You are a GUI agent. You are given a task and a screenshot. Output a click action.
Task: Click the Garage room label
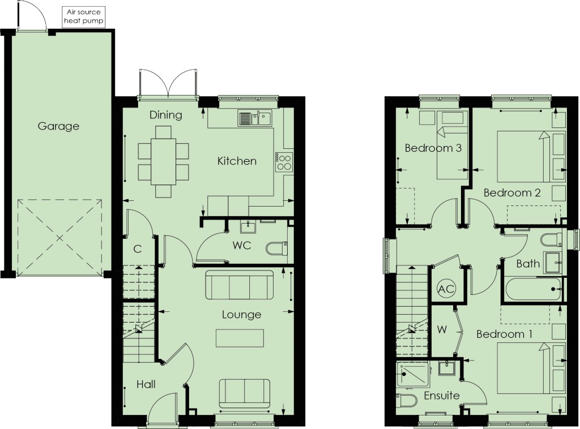coord(58,126)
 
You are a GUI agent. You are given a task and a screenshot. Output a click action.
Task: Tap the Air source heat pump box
coord(84,17)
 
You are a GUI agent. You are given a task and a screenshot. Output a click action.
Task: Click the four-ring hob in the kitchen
coord(284,162)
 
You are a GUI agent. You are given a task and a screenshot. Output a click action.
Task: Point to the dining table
coord(163,161)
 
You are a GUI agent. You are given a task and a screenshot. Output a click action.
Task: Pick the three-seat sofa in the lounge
coord(240,285)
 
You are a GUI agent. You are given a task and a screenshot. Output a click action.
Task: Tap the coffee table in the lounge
coord(240,338)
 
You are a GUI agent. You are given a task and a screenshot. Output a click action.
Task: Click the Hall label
coord(146,384)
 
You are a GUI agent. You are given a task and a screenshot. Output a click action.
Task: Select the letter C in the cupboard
coord(138,249)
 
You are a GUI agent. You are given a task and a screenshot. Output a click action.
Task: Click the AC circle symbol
coord(446,289)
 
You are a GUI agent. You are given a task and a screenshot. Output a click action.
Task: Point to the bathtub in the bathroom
coord(532,289)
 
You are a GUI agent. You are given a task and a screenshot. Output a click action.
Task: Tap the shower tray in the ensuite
coord(413,375)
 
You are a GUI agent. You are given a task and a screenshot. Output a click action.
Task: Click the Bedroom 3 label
coord(433,148)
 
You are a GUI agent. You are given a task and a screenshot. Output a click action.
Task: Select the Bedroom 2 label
coord(512,192)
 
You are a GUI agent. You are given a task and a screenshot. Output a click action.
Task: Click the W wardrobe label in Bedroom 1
coord(442,329)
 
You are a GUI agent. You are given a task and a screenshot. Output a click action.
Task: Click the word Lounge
coord(241,315)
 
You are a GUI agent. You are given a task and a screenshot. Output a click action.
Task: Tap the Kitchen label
coord(237,161)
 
